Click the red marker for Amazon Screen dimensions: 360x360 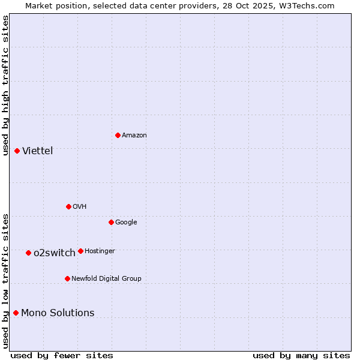[118, 135]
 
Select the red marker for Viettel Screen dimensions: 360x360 [17, 151]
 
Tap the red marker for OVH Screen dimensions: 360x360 [68, 206]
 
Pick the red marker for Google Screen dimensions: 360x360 [111, 222]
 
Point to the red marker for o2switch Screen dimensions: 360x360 [28, 253]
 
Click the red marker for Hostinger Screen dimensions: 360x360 [80, 251]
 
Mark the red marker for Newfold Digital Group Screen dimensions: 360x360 [67, 278]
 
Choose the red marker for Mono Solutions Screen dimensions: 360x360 [16, 313]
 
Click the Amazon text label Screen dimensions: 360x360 [134, 136]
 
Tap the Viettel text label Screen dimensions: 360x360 [38, 151]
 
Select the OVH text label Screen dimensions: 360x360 [80, 207]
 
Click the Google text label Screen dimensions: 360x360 [126, 223]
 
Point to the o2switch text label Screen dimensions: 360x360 [55, 253]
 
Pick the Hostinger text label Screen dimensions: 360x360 [100, 251]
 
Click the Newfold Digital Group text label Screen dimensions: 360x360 [106, 279]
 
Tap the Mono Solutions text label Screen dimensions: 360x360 [58, 313]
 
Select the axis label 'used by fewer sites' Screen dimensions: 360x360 [62, 355]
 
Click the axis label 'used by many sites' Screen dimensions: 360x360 [301, 355]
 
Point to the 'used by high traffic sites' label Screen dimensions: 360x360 [5, 85]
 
